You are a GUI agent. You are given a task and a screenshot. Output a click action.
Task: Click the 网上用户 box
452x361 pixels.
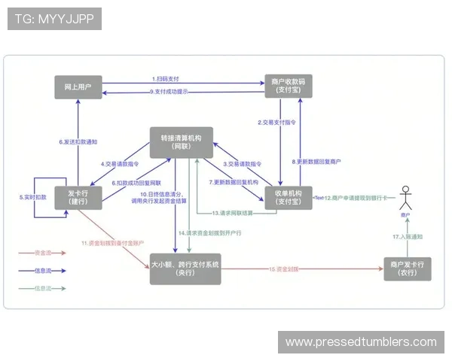78,86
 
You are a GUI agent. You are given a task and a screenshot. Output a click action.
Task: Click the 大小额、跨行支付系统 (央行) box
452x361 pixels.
185,268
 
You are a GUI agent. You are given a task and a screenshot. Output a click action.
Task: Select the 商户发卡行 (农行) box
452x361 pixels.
408,268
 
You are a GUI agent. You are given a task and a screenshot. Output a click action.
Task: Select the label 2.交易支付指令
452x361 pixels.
276,122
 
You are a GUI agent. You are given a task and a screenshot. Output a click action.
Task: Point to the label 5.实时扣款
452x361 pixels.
32,196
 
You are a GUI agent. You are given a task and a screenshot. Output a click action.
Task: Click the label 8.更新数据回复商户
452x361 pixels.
316,161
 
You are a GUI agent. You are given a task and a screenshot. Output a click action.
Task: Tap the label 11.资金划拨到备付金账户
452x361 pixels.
113,244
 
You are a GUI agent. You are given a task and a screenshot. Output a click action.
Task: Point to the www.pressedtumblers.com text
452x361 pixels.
361,342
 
